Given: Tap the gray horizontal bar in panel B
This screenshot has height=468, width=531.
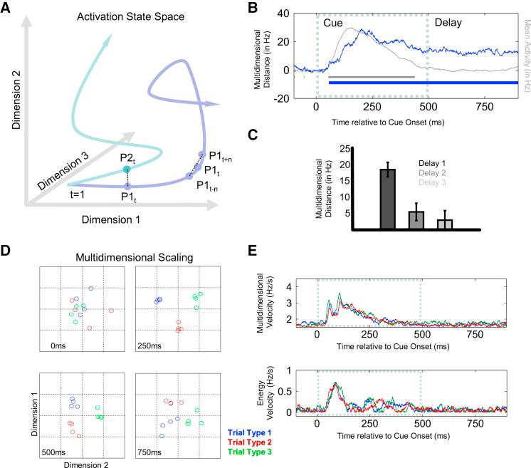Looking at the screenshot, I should click(372, 76).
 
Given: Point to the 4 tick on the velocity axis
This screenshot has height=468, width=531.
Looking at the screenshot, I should click(303, 287).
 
